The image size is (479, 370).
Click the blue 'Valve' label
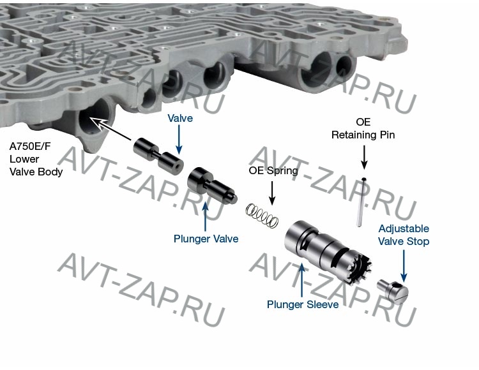click(180, 118)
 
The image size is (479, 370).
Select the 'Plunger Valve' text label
click(206, 239)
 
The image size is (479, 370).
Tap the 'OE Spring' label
click(273, 170)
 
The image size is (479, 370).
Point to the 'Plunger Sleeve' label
click(303, 304)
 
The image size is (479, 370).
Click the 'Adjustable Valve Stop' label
click(404, 235)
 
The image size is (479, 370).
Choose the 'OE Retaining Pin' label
click(363, 128)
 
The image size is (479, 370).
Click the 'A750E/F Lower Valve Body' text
click(36, 159)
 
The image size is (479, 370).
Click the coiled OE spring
click(262, 216)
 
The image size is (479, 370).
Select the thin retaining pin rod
click(360, 202)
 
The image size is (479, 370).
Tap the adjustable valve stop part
click(393, 291)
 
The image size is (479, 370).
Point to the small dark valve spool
click(158, 156)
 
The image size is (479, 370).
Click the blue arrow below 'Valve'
click(179, 140)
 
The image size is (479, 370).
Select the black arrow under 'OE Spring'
click(272, 193)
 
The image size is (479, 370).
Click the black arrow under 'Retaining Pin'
click(364, 157)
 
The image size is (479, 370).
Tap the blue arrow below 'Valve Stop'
click(404, 266)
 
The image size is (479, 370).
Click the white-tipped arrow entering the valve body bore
click(110, 129)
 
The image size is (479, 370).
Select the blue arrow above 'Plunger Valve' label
click(205, 216)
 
